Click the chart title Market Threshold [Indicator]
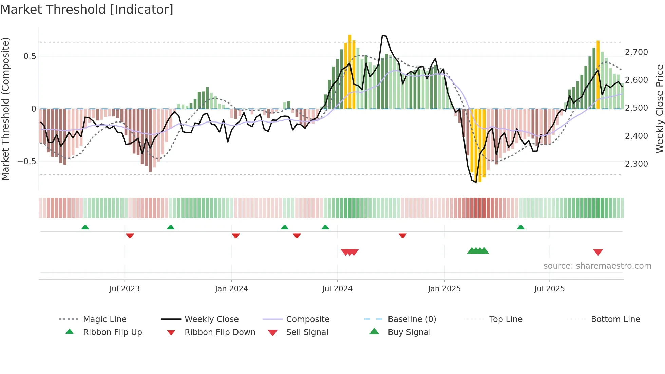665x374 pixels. pos(87,10)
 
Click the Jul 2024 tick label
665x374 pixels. pos(337,289)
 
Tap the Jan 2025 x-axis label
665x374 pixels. pos(444,289)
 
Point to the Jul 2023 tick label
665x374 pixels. pos(125,289)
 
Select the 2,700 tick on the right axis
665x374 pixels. pos(636,52)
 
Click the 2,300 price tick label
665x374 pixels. pos(636,164)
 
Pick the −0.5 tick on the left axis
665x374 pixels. pos(27,162)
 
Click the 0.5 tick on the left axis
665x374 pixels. pos(30,56)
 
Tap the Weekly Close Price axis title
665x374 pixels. pos(659,109)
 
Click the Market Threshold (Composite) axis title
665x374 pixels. pos(5,109)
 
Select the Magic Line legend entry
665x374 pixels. pos(104,319)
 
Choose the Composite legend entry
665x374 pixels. pos(307,319)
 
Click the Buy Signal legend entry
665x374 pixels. pos(409,332)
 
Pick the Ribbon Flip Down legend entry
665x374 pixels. pos(220,332)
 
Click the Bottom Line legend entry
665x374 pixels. pos(615,319)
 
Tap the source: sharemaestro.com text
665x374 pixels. pos(597,266)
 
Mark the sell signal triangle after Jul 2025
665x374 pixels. pos(598,252)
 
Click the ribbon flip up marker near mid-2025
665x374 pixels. pos(520,227)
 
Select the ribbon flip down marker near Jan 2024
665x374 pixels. pos(236,236)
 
